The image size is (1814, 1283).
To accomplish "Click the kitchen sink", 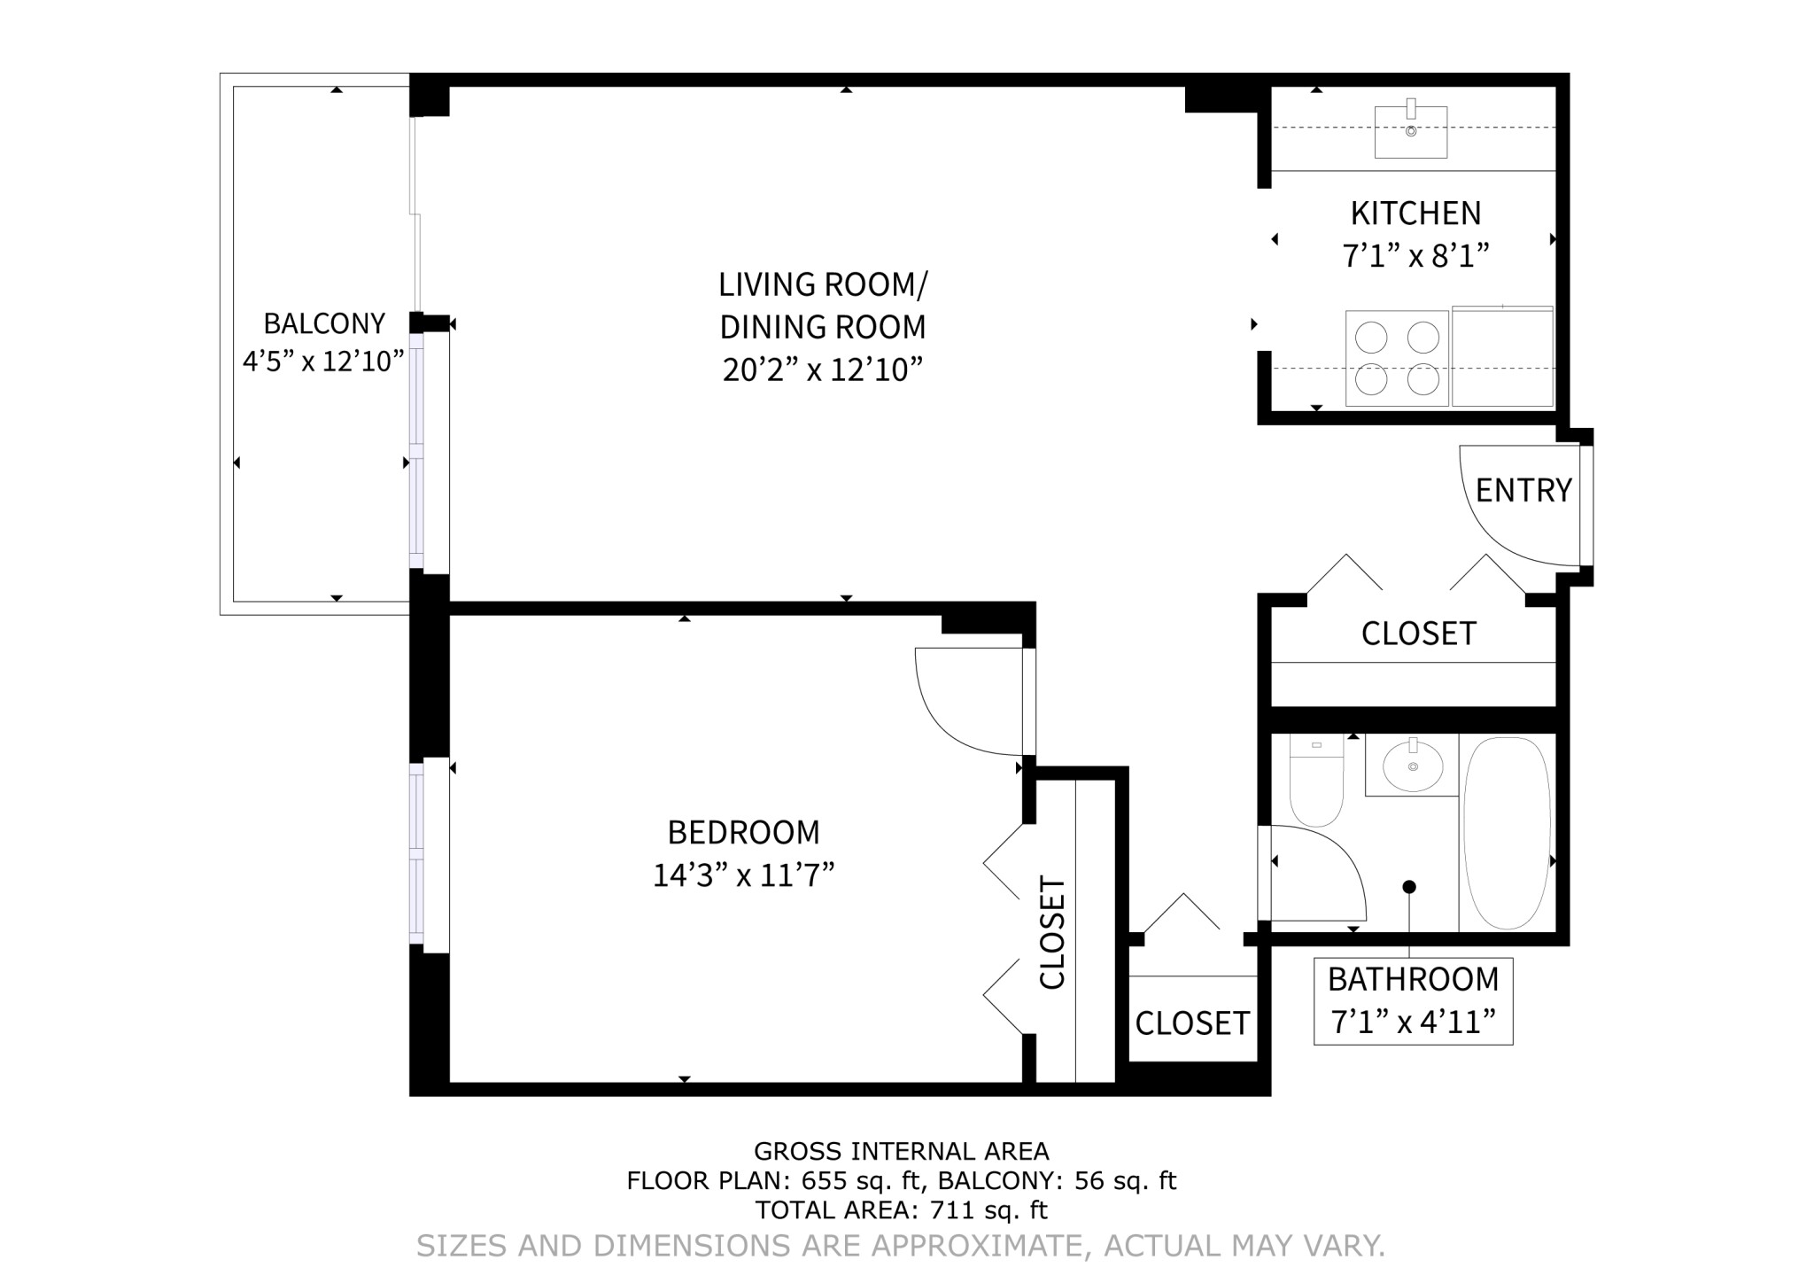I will [1410, 132].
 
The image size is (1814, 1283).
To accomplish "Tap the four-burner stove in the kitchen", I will [1397, 358].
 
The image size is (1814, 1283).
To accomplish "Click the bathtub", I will [1507, 833].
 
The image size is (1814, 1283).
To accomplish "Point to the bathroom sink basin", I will [1412, 766].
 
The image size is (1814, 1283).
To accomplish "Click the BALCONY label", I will [324, 323].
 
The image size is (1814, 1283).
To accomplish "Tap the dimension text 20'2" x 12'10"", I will [822, 369].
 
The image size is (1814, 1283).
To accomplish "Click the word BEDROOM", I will [743, 833].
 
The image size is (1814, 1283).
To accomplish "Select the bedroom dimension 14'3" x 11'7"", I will [743, 875].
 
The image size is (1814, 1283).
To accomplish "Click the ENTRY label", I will [1523, 490].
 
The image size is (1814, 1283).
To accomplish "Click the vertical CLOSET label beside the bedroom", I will [1051, 932].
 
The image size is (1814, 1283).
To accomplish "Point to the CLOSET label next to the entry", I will [1418, 634].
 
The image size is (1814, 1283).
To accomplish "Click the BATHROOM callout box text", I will [1413, 980].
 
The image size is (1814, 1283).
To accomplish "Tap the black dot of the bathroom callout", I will [1409, 887].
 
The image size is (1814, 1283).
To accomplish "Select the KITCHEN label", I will [1415, 214].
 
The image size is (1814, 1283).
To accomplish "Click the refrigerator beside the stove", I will [1502, 357].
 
